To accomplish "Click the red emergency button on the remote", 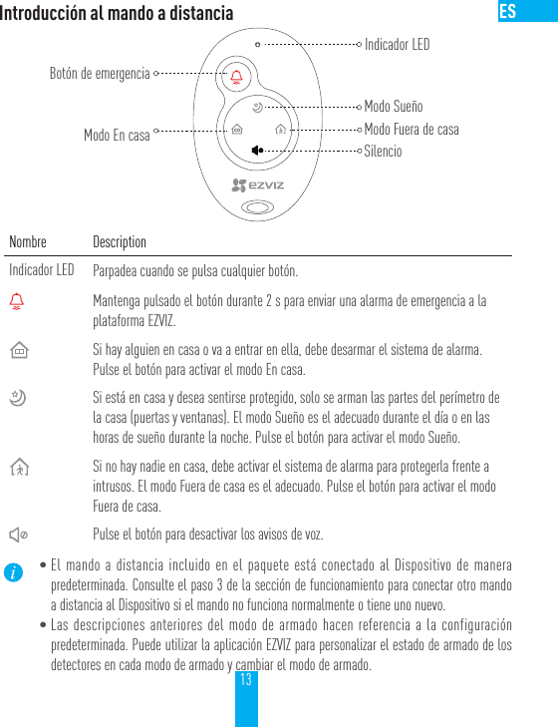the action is (236, 77).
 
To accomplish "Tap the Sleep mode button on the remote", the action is (257, 107).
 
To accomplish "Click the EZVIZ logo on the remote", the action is (258, 184).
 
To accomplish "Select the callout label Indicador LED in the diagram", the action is (397, 45).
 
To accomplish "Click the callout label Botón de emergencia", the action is (100, 73).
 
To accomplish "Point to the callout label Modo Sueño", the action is (393, 106).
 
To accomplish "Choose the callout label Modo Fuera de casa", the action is (412, 129).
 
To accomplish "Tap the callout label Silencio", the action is (383, 152).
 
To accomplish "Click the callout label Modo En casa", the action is (117, 135).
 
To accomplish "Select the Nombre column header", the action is (28, 242).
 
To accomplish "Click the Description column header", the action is (120, 242).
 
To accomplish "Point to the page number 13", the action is (246, 679).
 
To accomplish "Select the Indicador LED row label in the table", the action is (42, 270).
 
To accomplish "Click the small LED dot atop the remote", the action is (257, 45).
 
